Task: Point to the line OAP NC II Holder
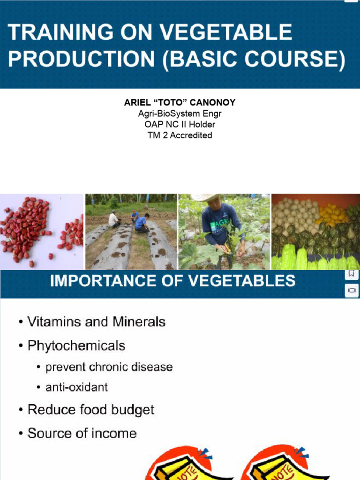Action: pyautogui.click(x=180, y=125)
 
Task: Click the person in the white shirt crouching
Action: pyautogui.click(x=113, y=219)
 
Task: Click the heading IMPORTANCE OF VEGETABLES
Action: pyautogui.click(x=172, y=281)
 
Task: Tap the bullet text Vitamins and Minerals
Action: pyautogui.click(x=96, y=322)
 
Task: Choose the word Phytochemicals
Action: pyautogui.click(x=76, y=346)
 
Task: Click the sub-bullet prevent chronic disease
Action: pyautogui.click(x=109, y=367)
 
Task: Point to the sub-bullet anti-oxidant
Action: pyautogui.click(x=76, y=387)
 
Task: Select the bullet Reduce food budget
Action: pyautogui.click(x=90, y=409)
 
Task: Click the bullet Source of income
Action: pyautogui.click(x=82, y=433)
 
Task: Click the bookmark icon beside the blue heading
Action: pyautogui.click(x=352, y=274)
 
